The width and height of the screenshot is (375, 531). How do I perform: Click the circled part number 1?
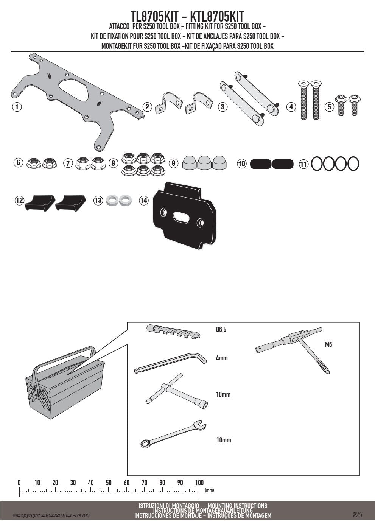[x=17, y=107]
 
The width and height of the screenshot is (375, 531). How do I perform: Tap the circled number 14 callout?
[x=144, y=201]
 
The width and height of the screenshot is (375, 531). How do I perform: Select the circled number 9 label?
[x=174, y=163]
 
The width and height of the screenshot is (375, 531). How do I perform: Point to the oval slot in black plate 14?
[x=181, y=217]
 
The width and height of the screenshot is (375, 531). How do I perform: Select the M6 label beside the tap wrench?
[x=328, y=344]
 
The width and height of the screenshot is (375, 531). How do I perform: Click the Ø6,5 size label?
[x=221, y=329]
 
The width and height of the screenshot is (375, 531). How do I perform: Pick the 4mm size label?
[x=222, y=358]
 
